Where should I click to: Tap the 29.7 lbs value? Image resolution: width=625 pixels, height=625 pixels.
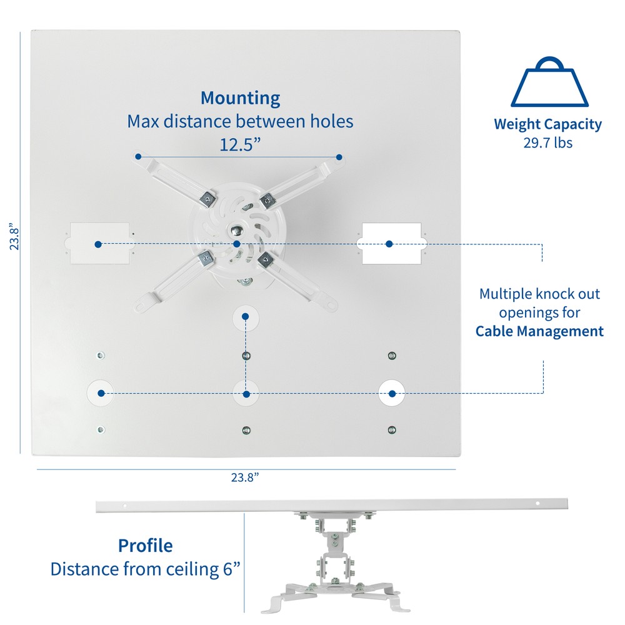[x=547, y=142]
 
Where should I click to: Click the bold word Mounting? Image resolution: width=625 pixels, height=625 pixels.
[x=241, y=99]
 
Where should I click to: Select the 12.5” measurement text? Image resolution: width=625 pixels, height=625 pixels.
[x=240, y=144]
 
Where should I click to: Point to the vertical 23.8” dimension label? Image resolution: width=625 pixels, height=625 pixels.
[x=14, y=236]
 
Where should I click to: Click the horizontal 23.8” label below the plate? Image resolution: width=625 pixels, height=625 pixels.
[x=245, y=477]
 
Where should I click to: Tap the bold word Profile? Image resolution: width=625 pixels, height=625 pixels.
[x=146, y=546]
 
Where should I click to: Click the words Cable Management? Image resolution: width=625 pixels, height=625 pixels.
[x=540, y=331]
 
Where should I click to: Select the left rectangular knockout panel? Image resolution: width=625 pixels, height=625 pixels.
[x=99, y=244]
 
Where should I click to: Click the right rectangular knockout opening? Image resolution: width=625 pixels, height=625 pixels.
[x=391, y=244]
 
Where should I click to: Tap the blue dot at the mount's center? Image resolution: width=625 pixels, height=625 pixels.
[x=237, y=244]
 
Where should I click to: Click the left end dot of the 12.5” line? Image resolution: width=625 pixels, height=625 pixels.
[x=138, y=157]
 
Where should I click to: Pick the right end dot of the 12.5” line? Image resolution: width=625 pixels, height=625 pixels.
[x=339, y=157]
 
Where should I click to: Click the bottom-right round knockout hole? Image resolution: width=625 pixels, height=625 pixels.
[x=392, y=393]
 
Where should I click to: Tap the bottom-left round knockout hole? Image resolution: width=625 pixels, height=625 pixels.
[x=101, y=393]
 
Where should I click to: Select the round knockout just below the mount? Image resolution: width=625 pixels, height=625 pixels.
[x=246, y=318]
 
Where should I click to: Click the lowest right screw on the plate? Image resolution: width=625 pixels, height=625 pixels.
[x=392, y=430]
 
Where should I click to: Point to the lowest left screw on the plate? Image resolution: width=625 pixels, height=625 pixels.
[x=101, y=430]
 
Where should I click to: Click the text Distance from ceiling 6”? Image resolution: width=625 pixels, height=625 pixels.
[x=146, y=569]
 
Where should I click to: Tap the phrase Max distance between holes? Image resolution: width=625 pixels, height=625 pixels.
[x=241, y=122]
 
